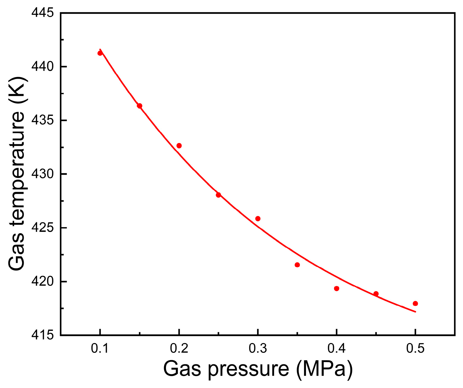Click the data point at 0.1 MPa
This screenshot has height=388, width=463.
pyautogui.click(x=100, y=53)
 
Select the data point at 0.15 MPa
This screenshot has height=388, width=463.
pyautogui.click(x=140, y=106)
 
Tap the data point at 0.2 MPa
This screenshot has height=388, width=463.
pyautogui.click(x=179, y=146)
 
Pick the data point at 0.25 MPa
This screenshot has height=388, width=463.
pyautogui.click(x=218, y=195)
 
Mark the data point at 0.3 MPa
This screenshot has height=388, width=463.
pyautogui.click(x=258, y=219)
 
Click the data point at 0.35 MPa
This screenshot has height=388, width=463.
pyautogui.click(x=297, y=265)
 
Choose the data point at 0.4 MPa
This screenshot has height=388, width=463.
pyautogui.click(x=337, y=288)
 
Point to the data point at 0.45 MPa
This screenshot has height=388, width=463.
pyautogui.click(x=376, y=294)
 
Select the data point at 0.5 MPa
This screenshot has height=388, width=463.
pyautogui.click(x=415, y=303)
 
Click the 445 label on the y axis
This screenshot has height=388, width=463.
pyautogui.click(x=42, y=13)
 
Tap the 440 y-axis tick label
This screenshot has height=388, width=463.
pyautogui.click(x=42, y=67)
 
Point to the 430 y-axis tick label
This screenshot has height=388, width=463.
pyautogui.click(x=42, y=174)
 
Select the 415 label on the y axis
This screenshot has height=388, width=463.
pyautogui.click(x=42, y=335)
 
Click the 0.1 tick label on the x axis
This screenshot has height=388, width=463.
pyautogui.click(x=100, y=349)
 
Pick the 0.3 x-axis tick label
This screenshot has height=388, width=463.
pyautogui.click(x=257, y=349)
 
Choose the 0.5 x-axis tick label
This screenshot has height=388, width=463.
pyautogui.click(x=415, y=349)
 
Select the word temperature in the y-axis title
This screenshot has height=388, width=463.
pyautogui.click(x=17, y=168)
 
